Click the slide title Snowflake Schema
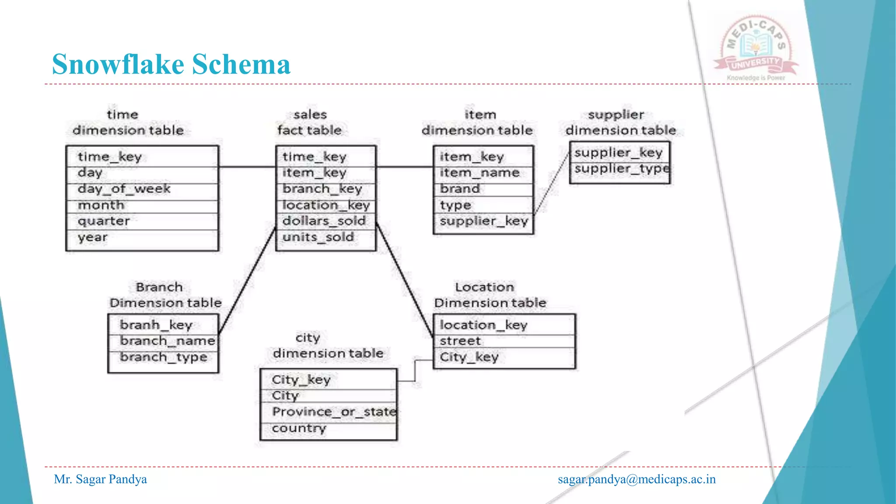click(171, 64)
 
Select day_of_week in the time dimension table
click(124, 189)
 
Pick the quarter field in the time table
click(104, 221)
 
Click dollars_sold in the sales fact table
click(324, 221)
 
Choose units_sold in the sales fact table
click(318, 237)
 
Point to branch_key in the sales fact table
click(322, 189)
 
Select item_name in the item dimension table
click(479, 173)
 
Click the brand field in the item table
click(460, 189)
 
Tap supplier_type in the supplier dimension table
click(622, 169)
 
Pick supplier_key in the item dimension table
click(484, 221)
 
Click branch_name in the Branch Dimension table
click(168, 341)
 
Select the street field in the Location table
click(460, 341)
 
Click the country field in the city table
click(299, 428)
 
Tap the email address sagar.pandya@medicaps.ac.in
click(637, 479)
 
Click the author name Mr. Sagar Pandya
click(100, 479)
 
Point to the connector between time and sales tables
click(247, 167)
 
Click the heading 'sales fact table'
click(310, 122)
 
